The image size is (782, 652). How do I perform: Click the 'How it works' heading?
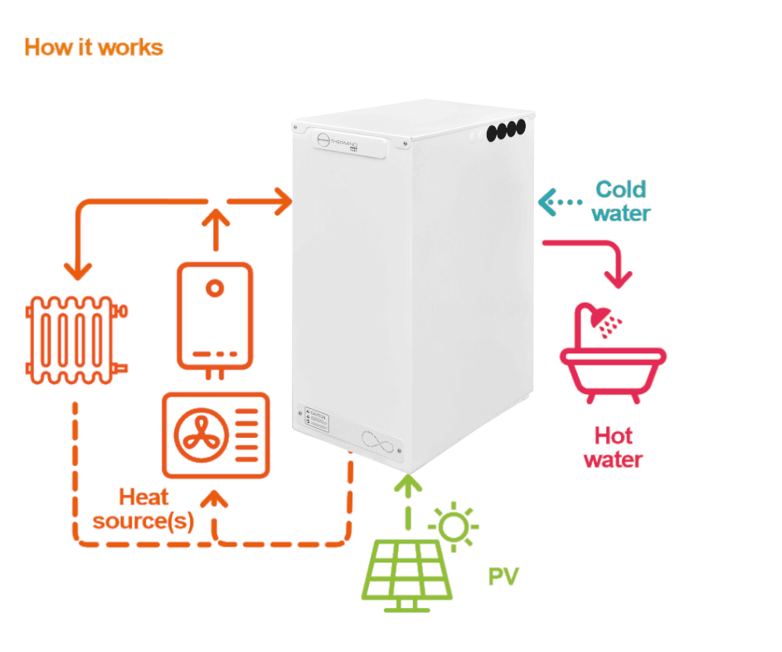pyautogui.click(x=94, y=47)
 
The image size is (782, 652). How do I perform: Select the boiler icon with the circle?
pyautogui.click(x=215, y=315)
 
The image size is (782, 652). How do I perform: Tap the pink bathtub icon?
pyautogui.click(x=612, y=367)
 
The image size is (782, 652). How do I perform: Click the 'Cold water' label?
pyautogui.click(x=621, y=201)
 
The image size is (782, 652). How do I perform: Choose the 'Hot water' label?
pyautogui.click(x=613, y=447)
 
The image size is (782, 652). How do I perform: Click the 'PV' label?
pyautogui.click(x=503, y=577)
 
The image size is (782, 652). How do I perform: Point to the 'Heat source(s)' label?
pyautogui.click(x=143, y=508)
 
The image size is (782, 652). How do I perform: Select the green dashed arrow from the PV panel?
pyautogui.click(x=406, y=502)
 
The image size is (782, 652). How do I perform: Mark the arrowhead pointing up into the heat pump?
pyautogui.click(x=216, y=499)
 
